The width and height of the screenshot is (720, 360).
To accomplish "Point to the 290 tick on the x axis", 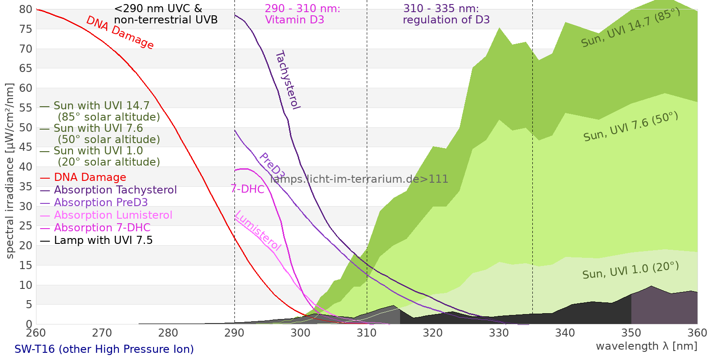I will point(234,333).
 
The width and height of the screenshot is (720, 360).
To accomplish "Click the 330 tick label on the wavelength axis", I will point(499,333).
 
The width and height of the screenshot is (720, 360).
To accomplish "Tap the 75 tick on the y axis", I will point(26,29).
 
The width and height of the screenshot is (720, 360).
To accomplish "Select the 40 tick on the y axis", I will point(26,167).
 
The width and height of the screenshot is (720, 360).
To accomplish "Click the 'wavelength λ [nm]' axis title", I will point(646,346).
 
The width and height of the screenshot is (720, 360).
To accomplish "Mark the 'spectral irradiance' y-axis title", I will point(10,171).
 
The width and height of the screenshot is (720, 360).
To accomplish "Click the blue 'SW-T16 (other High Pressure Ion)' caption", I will point(104,349).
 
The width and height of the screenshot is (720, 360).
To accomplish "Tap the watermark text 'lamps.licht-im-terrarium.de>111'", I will point(359,179).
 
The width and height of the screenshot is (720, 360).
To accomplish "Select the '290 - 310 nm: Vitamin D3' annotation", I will point(302,14).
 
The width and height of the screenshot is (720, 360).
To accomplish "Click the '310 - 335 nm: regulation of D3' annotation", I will point(446,14).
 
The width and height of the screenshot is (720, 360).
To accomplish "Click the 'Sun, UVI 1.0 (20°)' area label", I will point(630,270).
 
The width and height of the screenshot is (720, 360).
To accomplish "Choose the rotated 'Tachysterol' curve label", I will point(288,80).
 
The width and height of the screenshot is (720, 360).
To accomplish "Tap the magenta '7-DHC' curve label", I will point(247,189).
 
